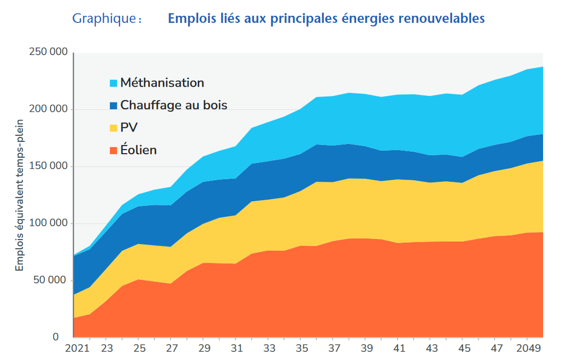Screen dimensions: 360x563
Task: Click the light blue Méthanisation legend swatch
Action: (113, 83)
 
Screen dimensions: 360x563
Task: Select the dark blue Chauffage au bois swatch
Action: (113, 106)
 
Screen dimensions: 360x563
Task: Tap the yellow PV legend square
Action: (113, 128)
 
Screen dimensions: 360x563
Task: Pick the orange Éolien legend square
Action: (113, 150)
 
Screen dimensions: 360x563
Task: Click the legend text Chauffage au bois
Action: (174, 105)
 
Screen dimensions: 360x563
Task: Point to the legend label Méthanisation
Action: (162, 83)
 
